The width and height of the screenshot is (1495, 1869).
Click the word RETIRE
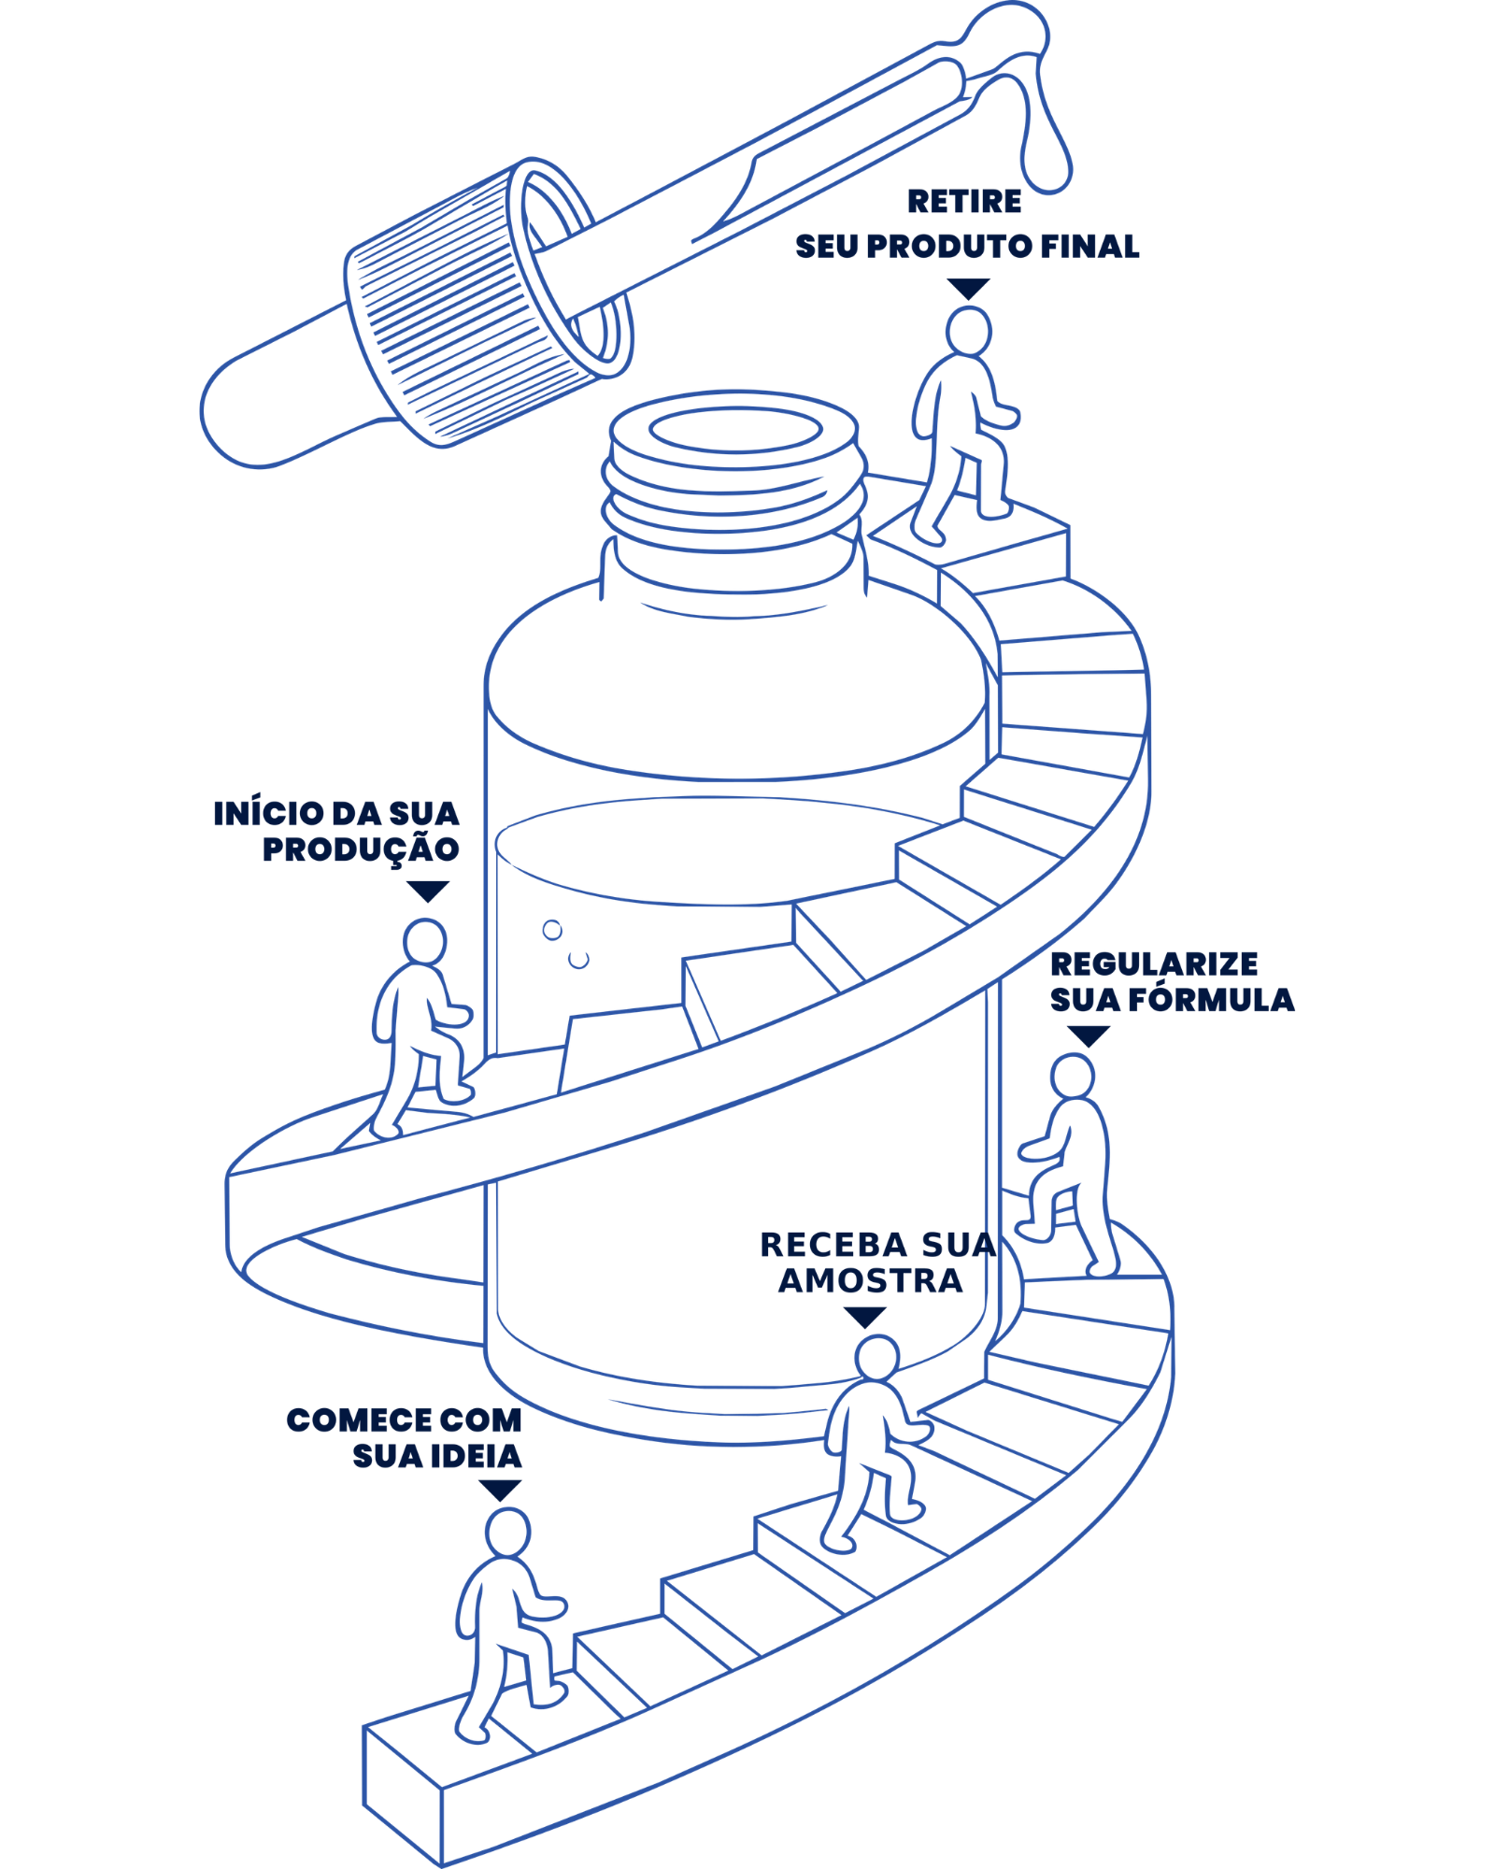click(964, 201)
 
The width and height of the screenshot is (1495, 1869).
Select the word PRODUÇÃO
click(361, 849)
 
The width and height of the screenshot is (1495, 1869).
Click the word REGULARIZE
click(1154, 963)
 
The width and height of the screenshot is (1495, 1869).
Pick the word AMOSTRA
click(871, 1280)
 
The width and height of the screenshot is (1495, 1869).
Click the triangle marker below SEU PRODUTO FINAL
click(968, 288)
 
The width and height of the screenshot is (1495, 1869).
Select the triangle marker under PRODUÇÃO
click(428, 891)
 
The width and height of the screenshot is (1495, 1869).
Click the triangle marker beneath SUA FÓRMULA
click(1089, 1035)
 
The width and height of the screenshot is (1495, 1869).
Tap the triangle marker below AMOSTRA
click(864, 1317)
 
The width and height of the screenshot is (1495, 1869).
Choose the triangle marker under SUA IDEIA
click(500, 1490)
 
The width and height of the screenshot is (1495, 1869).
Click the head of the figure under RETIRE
click(968, 331)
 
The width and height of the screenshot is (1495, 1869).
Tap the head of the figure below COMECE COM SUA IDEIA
click(507, 1533)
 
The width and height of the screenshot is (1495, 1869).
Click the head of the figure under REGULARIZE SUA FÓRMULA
click(1073, 1076)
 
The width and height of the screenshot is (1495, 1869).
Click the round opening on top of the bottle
click(735, 431)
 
